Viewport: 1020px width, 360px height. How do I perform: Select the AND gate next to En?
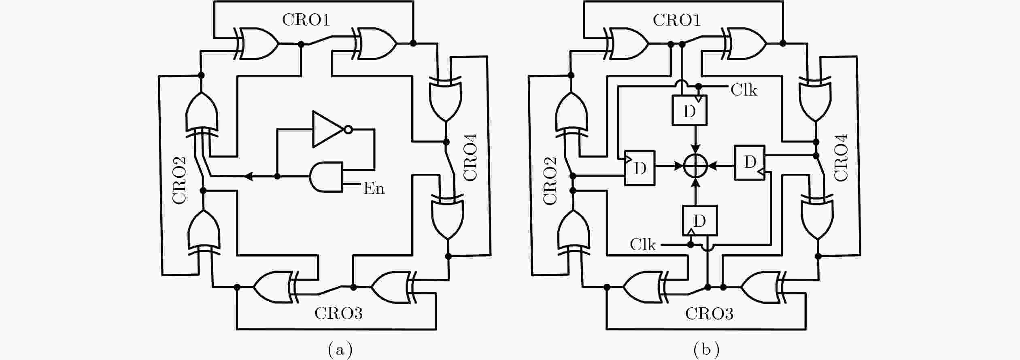click(x=326, y=177)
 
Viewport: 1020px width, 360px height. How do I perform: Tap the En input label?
click(x=374, y=189)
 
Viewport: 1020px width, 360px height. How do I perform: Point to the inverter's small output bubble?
click(x=348, y=130)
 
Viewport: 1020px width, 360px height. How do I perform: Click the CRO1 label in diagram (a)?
click(x=306, y=20)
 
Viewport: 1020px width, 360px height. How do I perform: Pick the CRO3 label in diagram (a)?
click(x=338, y=313)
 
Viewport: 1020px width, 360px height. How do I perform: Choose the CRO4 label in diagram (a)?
click(x=470, y=157)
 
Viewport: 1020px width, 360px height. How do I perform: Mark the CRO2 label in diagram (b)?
click(x=550, y=181)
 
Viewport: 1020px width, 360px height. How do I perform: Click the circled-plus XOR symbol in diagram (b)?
click(x=695, y=166)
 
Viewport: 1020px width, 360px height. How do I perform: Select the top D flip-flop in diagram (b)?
click(x=689, y=110)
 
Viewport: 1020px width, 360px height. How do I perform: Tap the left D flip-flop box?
click(x=640, y=168)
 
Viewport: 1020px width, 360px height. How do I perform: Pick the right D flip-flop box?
click(x=750, y=162)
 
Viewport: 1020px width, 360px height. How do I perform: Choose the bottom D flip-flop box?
click(x=699, y=221)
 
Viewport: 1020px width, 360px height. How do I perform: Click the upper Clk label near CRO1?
click(x=744, y=90)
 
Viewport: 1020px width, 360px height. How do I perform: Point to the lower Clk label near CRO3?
click(x=643, y=245)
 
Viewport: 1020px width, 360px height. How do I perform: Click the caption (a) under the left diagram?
click(x=340, y=349)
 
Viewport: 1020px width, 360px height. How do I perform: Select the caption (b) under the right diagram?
click(x=706, y=349)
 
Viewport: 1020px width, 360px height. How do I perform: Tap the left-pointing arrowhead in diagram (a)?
click(x=249, y=176)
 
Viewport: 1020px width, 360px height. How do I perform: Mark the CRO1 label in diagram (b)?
click(x=677, y=20)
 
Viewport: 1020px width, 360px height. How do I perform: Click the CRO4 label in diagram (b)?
click(x=841, y=157)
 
